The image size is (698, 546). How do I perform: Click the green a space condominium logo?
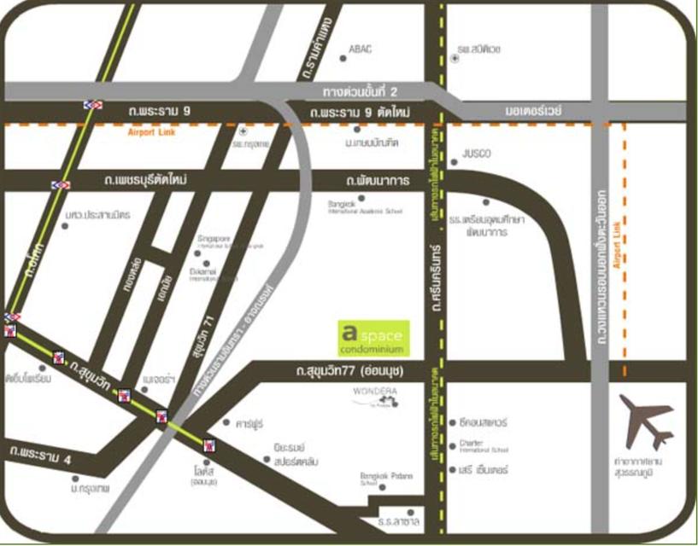pos(374,339)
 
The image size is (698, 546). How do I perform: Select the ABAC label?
pos(360,49)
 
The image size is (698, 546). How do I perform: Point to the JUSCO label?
pos(476,154)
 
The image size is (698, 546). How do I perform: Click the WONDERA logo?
pos(376,394)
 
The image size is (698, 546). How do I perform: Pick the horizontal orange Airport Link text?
pos(150,133)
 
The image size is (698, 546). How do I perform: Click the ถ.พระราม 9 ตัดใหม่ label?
pos(361,113)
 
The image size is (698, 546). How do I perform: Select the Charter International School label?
pos(484,445)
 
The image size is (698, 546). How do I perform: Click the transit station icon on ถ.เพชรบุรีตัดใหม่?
pos(60,183)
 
